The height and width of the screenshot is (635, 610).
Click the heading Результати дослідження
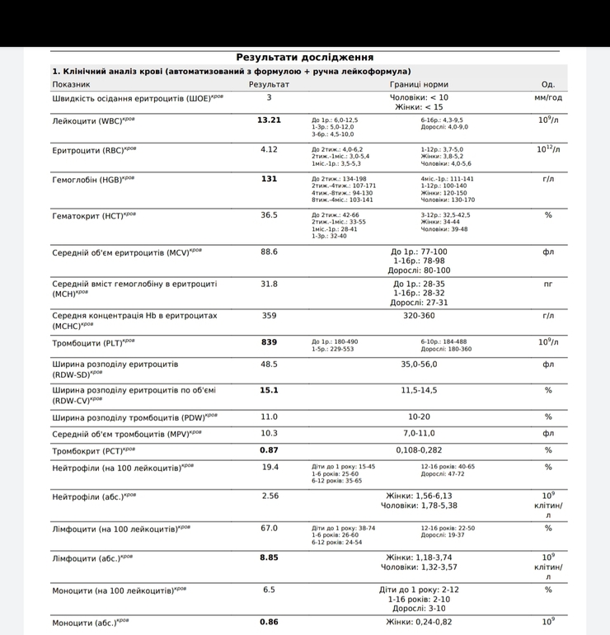pos(305,57)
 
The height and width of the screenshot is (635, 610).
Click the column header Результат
pos(269,84)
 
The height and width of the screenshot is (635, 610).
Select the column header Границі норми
pos(419,84)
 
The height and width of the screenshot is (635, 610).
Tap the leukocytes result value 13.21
pos(269,120)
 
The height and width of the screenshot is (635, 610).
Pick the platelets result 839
pos(269,341)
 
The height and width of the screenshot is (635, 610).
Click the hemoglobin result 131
pos(269,178)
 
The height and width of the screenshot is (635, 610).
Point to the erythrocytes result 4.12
pos(269,149)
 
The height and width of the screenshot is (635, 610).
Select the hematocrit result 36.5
pos(269,214)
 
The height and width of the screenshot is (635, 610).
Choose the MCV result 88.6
pos(269,252)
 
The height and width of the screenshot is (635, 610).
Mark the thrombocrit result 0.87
pos(269,450)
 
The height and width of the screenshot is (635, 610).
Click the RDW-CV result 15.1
pos(269,390)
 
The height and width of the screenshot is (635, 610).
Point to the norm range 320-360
pos(419,315)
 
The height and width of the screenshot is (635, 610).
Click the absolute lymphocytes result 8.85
pos(269,557)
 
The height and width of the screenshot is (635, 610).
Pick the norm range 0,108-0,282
pos(419,450)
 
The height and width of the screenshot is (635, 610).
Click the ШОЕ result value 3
pos(269,97)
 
